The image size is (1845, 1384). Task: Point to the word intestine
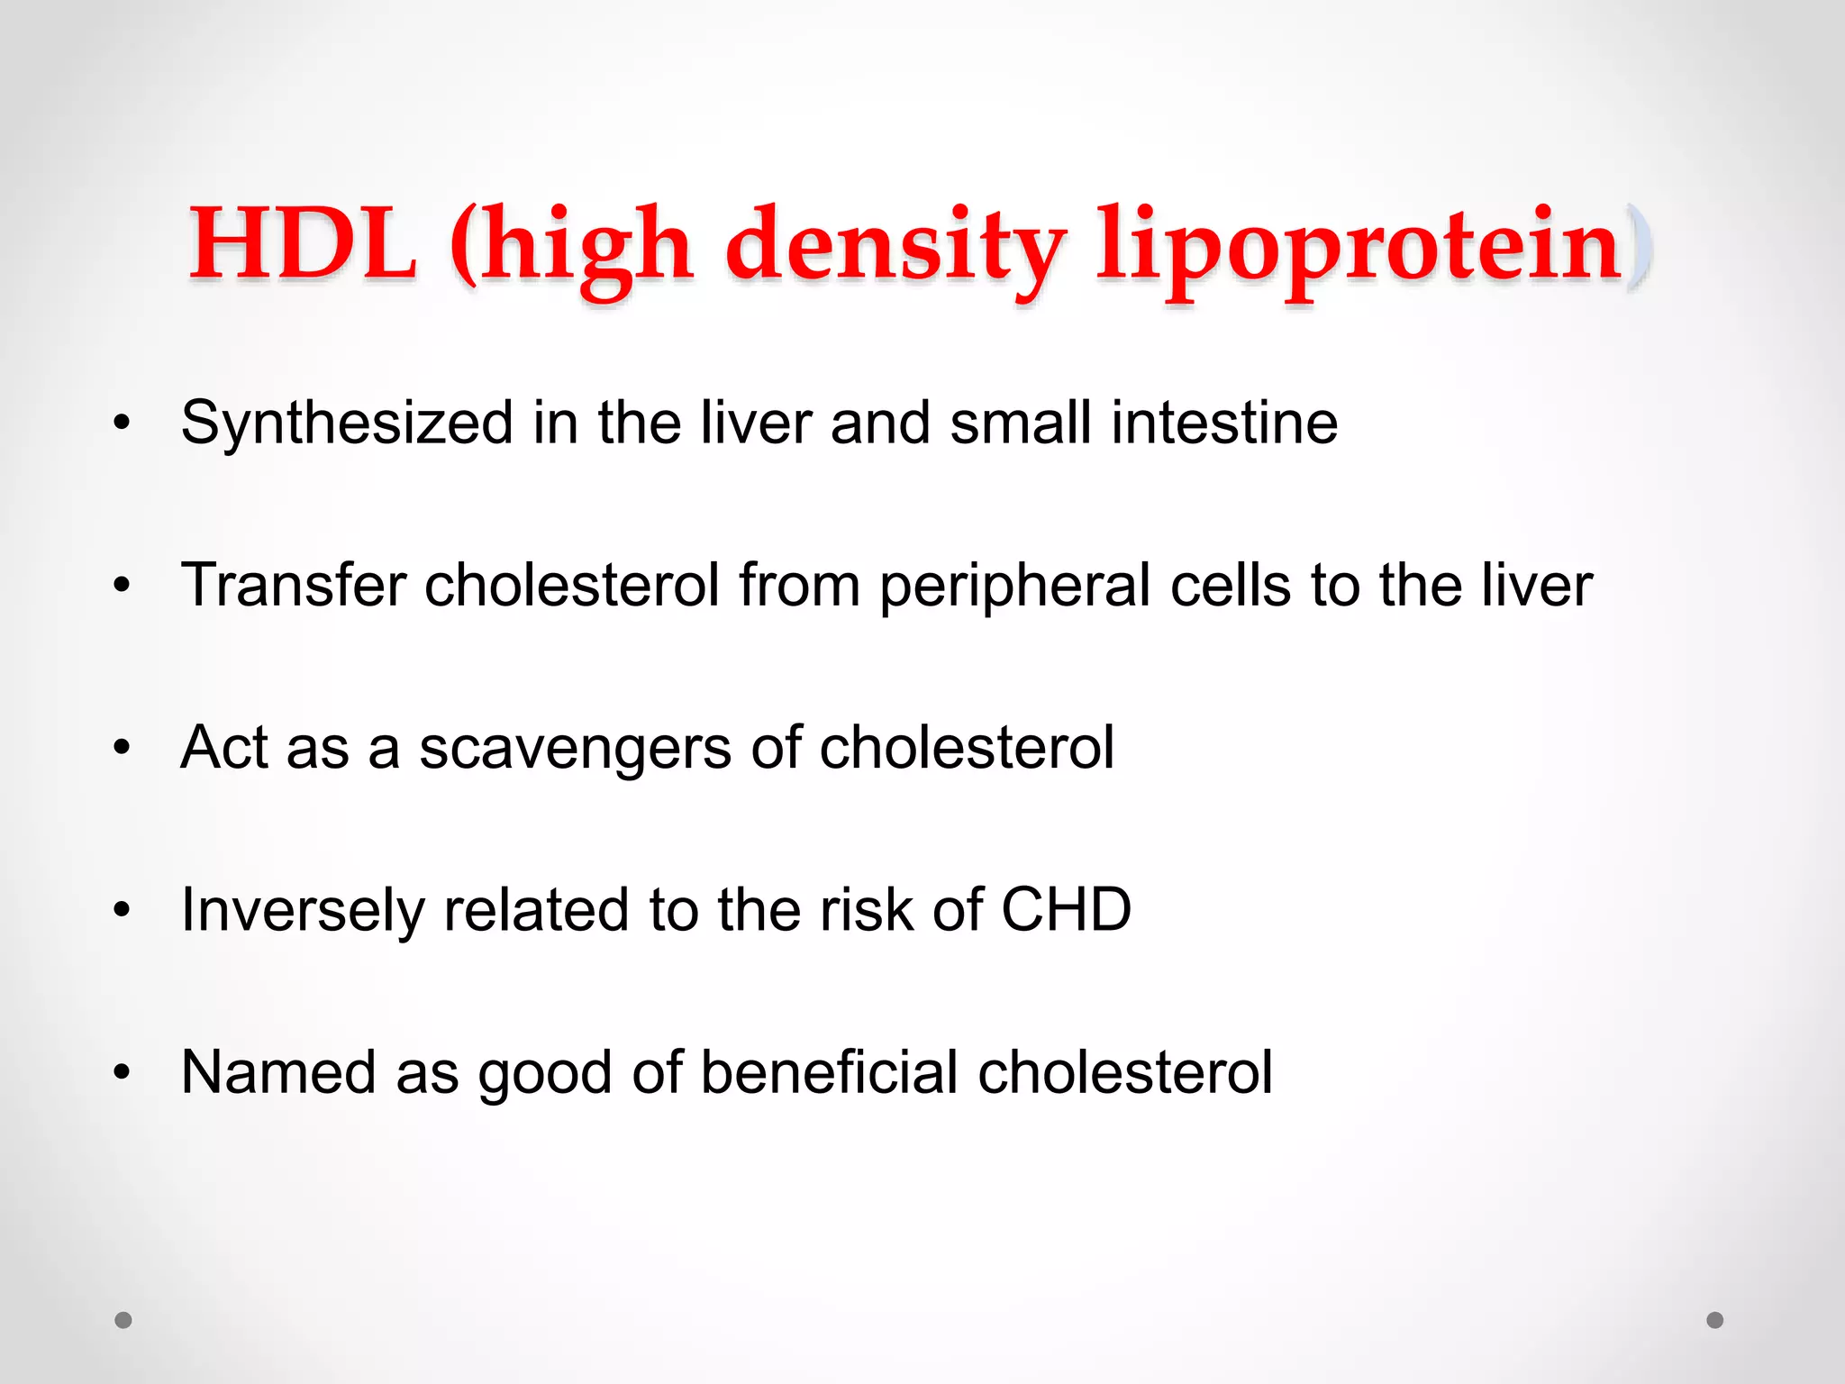click(x=1224, y=423)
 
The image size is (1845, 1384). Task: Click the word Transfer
click(x=294, y=585)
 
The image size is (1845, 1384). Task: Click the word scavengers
click(x=575, y=748)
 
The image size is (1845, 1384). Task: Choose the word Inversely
click(x=303, y=910)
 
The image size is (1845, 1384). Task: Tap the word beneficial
click(x=829, y=1072)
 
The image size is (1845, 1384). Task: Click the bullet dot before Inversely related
click(x=123, y=910)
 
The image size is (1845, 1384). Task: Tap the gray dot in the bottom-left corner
click(x=123, y=1320)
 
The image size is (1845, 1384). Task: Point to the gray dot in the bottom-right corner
click(x=1715, y=1320)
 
